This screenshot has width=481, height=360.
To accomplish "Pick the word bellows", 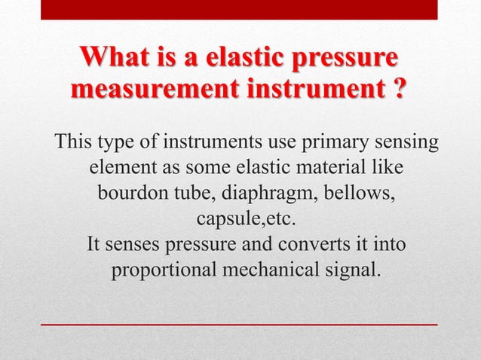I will coord(360,194).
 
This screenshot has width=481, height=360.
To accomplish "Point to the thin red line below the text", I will coord(239,323).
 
